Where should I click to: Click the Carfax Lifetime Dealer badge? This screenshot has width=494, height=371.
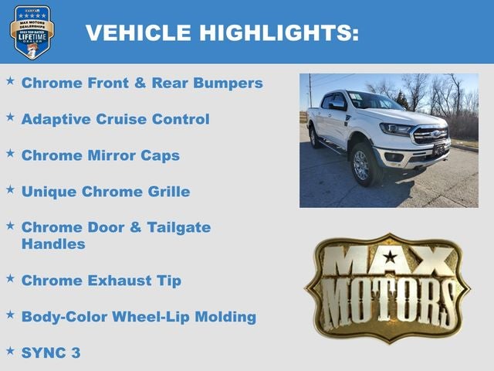point(32,32)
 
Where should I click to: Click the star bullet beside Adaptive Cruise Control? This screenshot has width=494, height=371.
point(10,117)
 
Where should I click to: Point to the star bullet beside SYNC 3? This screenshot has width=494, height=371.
point(10,350)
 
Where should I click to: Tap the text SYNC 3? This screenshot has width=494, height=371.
point(51,352)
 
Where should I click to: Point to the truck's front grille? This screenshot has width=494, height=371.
point(431,135)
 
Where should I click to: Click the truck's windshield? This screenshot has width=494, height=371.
point(373,102)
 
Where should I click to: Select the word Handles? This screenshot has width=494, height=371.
point(53,244)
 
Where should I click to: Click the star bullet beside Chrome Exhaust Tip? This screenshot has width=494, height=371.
point(10,278)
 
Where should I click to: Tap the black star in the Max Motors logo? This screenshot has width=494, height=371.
point(391,257)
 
